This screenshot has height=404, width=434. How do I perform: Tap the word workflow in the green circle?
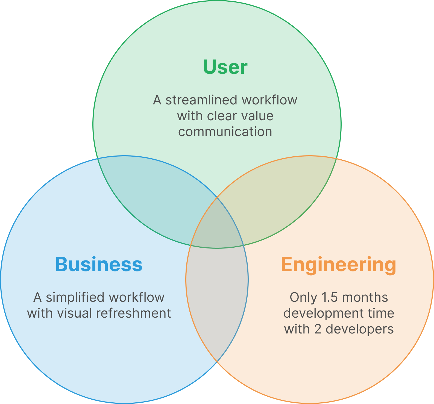[269, 100]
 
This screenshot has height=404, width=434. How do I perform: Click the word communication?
[225, 132]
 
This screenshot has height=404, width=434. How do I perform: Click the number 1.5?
[330, 297]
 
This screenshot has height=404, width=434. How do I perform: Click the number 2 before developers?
[318, 329]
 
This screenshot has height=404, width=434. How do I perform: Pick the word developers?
[360, 329]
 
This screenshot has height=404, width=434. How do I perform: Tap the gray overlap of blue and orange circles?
[217, 295]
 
